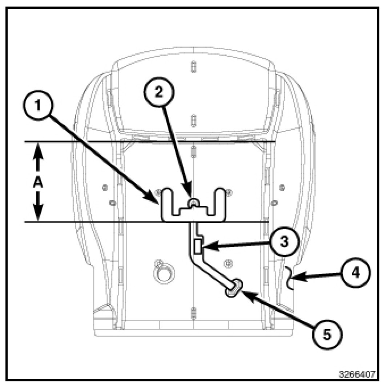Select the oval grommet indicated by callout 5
[x=233, y=287]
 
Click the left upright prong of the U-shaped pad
[x=168, y=200]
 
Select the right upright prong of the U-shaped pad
[x=221, y=200]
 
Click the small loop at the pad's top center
[x=194, y=202]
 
